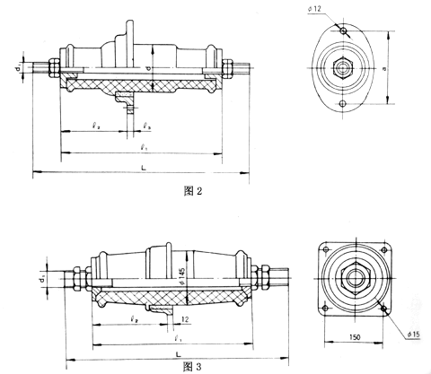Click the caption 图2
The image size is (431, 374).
[180, 191]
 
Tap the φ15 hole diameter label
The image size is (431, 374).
[413, 335]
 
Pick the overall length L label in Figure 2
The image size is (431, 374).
[144, 167]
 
